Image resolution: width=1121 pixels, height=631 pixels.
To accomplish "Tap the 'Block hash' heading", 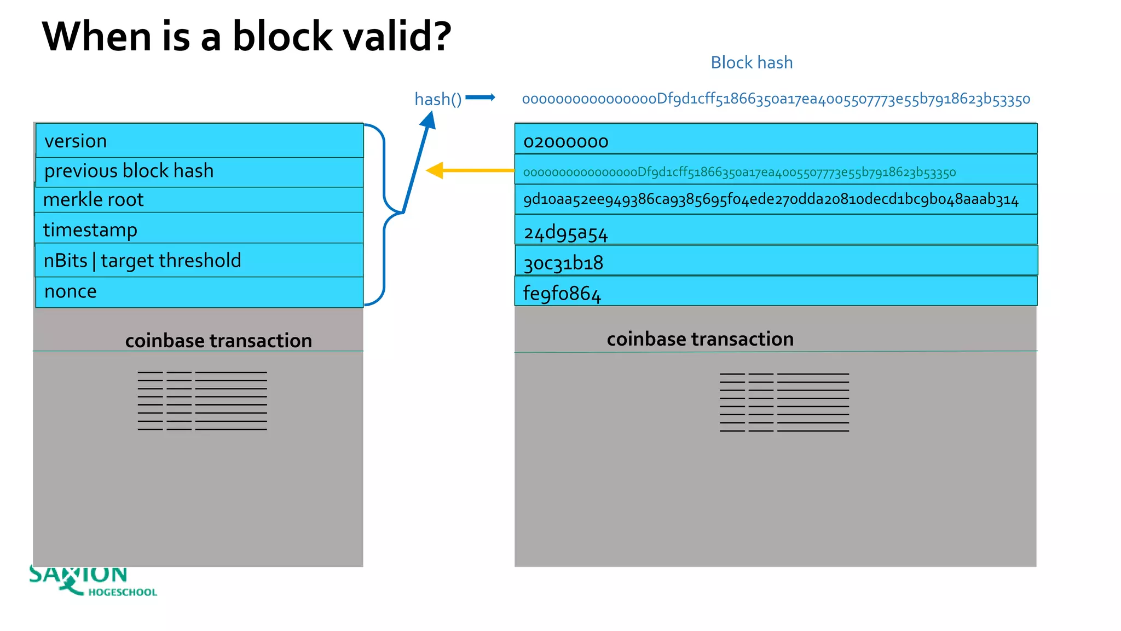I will [751, 62].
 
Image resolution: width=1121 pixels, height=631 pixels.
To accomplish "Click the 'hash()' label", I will [437, 99].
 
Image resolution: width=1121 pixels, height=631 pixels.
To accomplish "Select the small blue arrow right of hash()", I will [480, 97].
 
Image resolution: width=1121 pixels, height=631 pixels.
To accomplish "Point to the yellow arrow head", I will [435, 170].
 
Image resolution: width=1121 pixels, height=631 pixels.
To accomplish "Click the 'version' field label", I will [76, 141].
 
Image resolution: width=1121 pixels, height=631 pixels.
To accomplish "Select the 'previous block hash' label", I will [129, 171].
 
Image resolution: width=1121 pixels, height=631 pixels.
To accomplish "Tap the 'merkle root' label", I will [93, 200].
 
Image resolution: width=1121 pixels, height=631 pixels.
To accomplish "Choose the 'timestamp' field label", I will [90, 230].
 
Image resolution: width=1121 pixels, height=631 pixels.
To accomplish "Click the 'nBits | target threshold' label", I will [142, 261].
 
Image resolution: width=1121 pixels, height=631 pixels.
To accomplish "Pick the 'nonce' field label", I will [70, 291].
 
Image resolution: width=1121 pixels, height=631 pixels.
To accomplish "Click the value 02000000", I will [565, 142].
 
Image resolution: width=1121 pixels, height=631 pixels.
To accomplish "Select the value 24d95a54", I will [565, 233].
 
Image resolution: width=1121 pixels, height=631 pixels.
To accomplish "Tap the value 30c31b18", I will [563, 263].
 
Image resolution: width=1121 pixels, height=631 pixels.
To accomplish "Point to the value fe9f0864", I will [562, 294].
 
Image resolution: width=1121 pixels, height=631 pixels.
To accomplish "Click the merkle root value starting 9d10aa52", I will [770, 199].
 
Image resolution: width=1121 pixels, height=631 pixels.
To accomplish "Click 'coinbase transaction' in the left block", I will [218, 341].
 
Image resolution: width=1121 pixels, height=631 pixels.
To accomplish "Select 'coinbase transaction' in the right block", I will [700, 339].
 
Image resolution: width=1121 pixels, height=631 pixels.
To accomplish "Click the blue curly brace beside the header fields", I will [385, 214].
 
